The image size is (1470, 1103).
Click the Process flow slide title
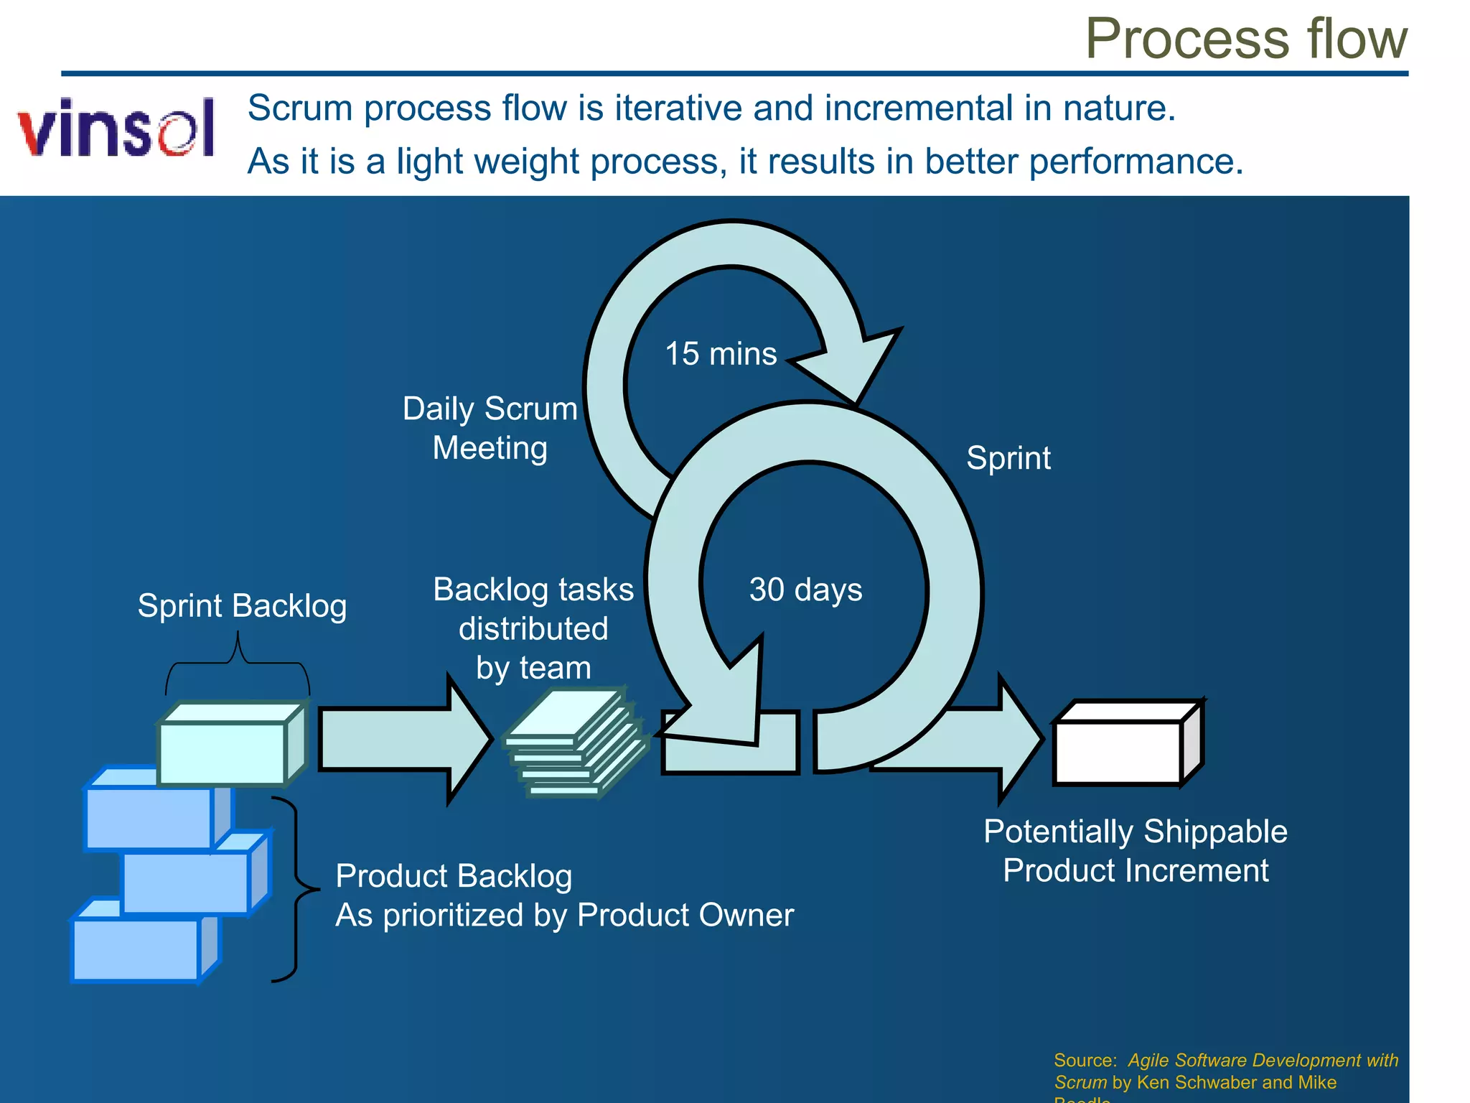point(1245,39)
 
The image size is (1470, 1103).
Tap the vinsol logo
point(117,128)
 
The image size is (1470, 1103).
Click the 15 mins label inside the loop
point(721,354)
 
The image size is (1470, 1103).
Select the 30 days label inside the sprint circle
point(805,590)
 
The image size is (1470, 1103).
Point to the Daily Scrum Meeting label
point(490,428)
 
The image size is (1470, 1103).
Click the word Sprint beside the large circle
point(1008,458)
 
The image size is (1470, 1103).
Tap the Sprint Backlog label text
point(242,606)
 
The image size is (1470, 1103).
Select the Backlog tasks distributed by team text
point(533,628)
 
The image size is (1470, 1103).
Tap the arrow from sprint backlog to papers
point(402,740)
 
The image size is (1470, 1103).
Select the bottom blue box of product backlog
point(136,949)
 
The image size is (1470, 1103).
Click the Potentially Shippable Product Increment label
point(1135,851)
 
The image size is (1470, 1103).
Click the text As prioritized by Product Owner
point(564,916)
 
